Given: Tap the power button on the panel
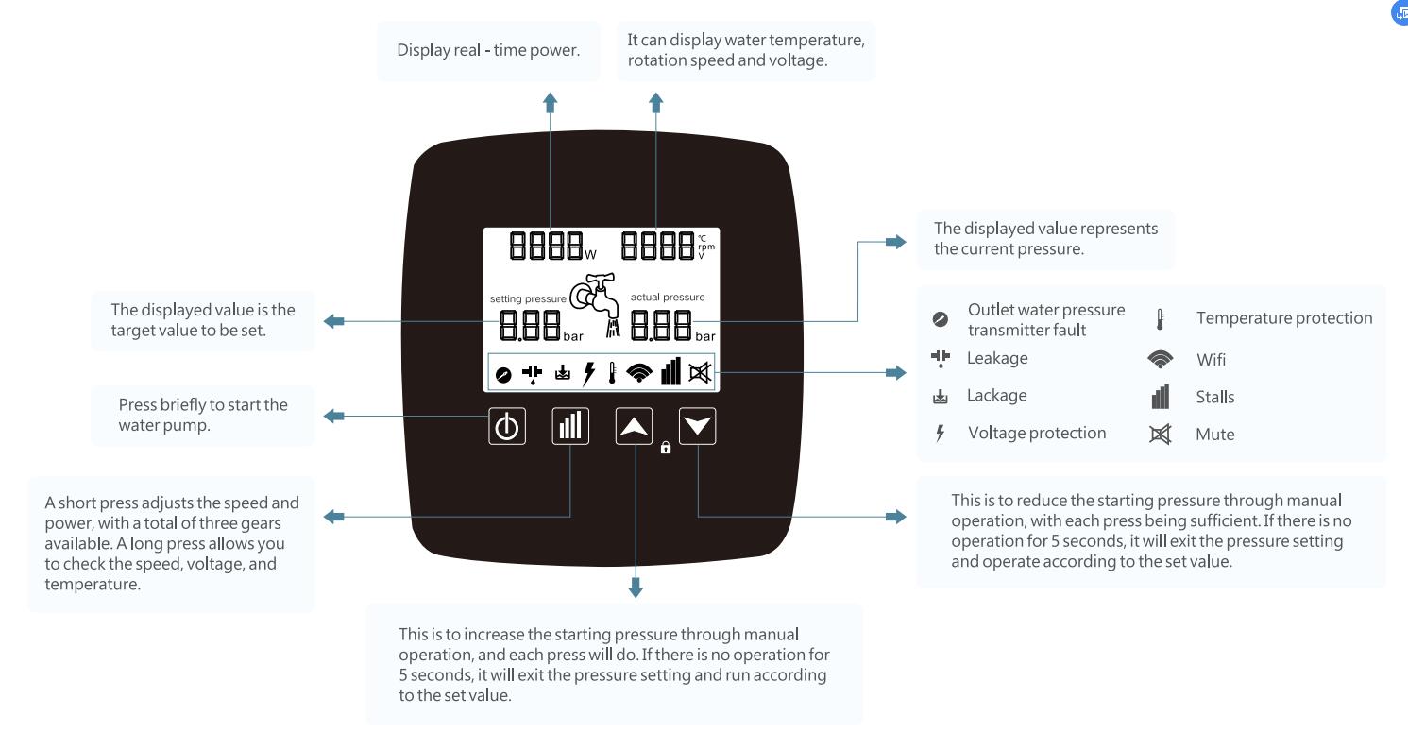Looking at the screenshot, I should tap(507, 427).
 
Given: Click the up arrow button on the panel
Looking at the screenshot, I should tap(635, 427).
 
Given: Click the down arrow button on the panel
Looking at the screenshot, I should tap(698, 427).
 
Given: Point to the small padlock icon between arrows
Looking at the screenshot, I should tap(666, 449).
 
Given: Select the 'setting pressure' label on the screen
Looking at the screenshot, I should tap(527, 298).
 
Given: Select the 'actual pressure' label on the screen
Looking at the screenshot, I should tap(667, 297).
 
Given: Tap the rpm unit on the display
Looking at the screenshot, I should tap(706, 247).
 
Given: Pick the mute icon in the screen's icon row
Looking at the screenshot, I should tap(700, 374).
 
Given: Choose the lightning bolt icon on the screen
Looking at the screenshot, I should tap(589, 374).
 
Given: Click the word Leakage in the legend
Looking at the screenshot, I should tap(997, 358).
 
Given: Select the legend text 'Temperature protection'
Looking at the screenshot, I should tap(1284, 318).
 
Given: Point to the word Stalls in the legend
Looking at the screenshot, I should tap(1214, 397).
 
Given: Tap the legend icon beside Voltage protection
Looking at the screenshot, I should tap(940, 434).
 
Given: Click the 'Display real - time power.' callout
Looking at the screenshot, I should tap(488, 50).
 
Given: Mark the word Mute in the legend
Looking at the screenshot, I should tap(1214, 435).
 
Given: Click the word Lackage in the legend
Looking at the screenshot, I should tap(996, 396).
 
